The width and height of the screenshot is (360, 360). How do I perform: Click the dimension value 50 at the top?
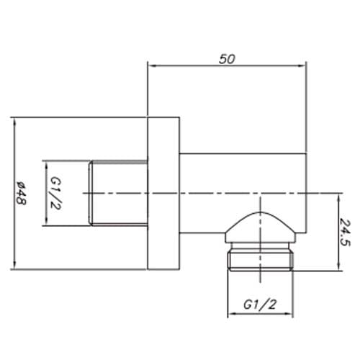227,60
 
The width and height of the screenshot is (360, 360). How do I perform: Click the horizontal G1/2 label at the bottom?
261,305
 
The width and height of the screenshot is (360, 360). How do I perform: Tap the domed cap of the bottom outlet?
261,227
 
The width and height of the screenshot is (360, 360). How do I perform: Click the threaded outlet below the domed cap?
261,259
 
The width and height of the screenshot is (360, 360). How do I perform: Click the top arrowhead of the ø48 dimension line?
14,120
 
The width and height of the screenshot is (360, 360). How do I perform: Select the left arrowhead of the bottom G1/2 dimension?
231,315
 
